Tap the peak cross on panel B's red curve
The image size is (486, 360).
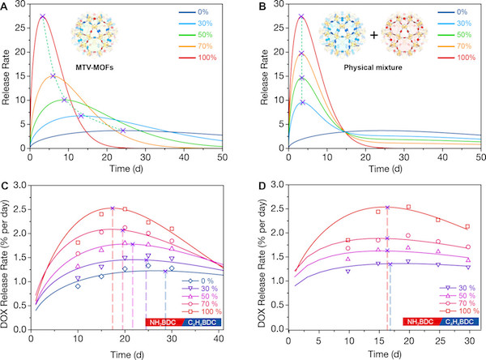(x=301, y=16)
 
